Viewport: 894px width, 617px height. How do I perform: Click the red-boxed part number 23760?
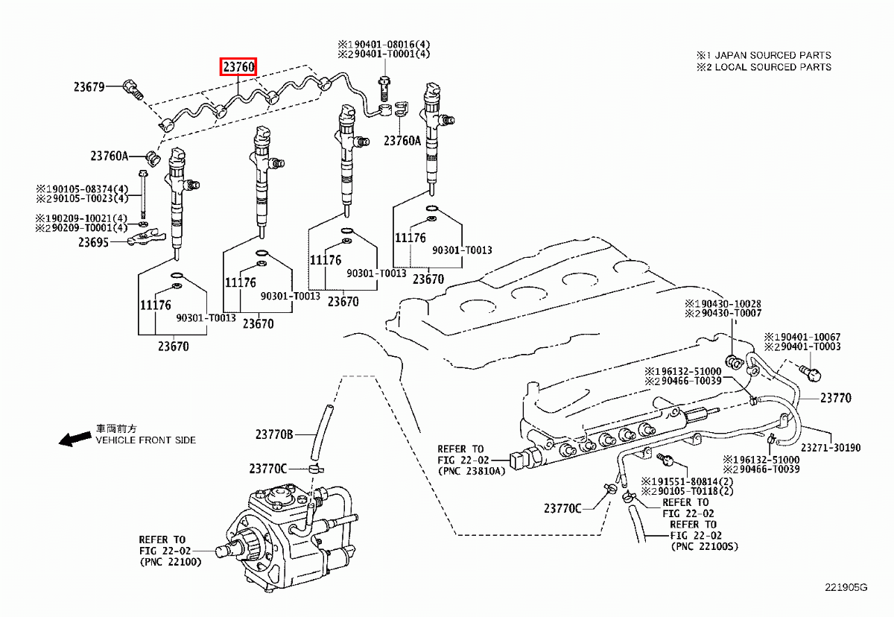[239, 67]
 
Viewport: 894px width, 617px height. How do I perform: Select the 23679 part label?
[89, 87]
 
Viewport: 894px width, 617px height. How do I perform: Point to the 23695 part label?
[94, 241]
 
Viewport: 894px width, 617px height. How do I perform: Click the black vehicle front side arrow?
[75, 439]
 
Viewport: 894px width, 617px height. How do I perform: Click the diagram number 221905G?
[846, 588]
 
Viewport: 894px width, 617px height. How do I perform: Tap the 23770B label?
[275, 434]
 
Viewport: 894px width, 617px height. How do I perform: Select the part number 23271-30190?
[831, 448]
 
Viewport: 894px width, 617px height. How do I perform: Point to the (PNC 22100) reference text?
[170, 562]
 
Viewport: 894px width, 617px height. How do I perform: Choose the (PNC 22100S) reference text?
[703, 546]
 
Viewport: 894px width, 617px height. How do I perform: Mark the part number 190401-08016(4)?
[389, 44]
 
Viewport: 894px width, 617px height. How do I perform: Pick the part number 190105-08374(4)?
[87, 189]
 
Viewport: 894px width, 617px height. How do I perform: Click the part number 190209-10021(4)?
[87, 218]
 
